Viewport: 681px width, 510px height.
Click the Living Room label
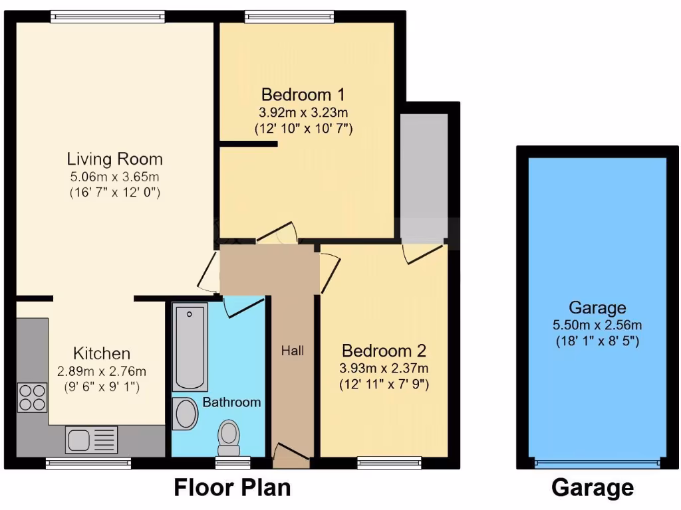[114, 159]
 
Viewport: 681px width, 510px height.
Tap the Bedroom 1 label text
[303, 94]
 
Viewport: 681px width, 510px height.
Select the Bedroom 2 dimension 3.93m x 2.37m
[384, 369]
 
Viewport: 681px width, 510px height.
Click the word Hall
[292, 351]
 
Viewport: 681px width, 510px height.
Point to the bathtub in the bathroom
[190, 346]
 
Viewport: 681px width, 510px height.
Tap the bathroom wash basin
[186, 414]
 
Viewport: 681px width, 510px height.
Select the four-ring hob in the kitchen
[32, 396]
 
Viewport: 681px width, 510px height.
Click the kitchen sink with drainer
[92, 439]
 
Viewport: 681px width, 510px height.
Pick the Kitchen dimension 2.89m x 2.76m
[101, 371]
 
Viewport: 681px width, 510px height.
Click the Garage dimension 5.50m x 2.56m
[597, 325]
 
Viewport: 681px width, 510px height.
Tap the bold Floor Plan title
[232, 487]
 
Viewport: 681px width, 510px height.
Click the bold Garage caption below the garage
[592, 488]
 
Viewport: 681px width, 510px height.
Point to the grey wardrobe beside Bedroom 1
[424, 176]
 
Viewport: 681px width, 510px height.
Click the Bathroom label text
[231, 402]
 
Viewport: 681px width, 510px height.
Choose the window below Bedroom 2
[389, 462]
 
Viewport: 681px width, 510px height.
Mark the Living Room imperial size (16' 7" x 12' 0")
[114, 193]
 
